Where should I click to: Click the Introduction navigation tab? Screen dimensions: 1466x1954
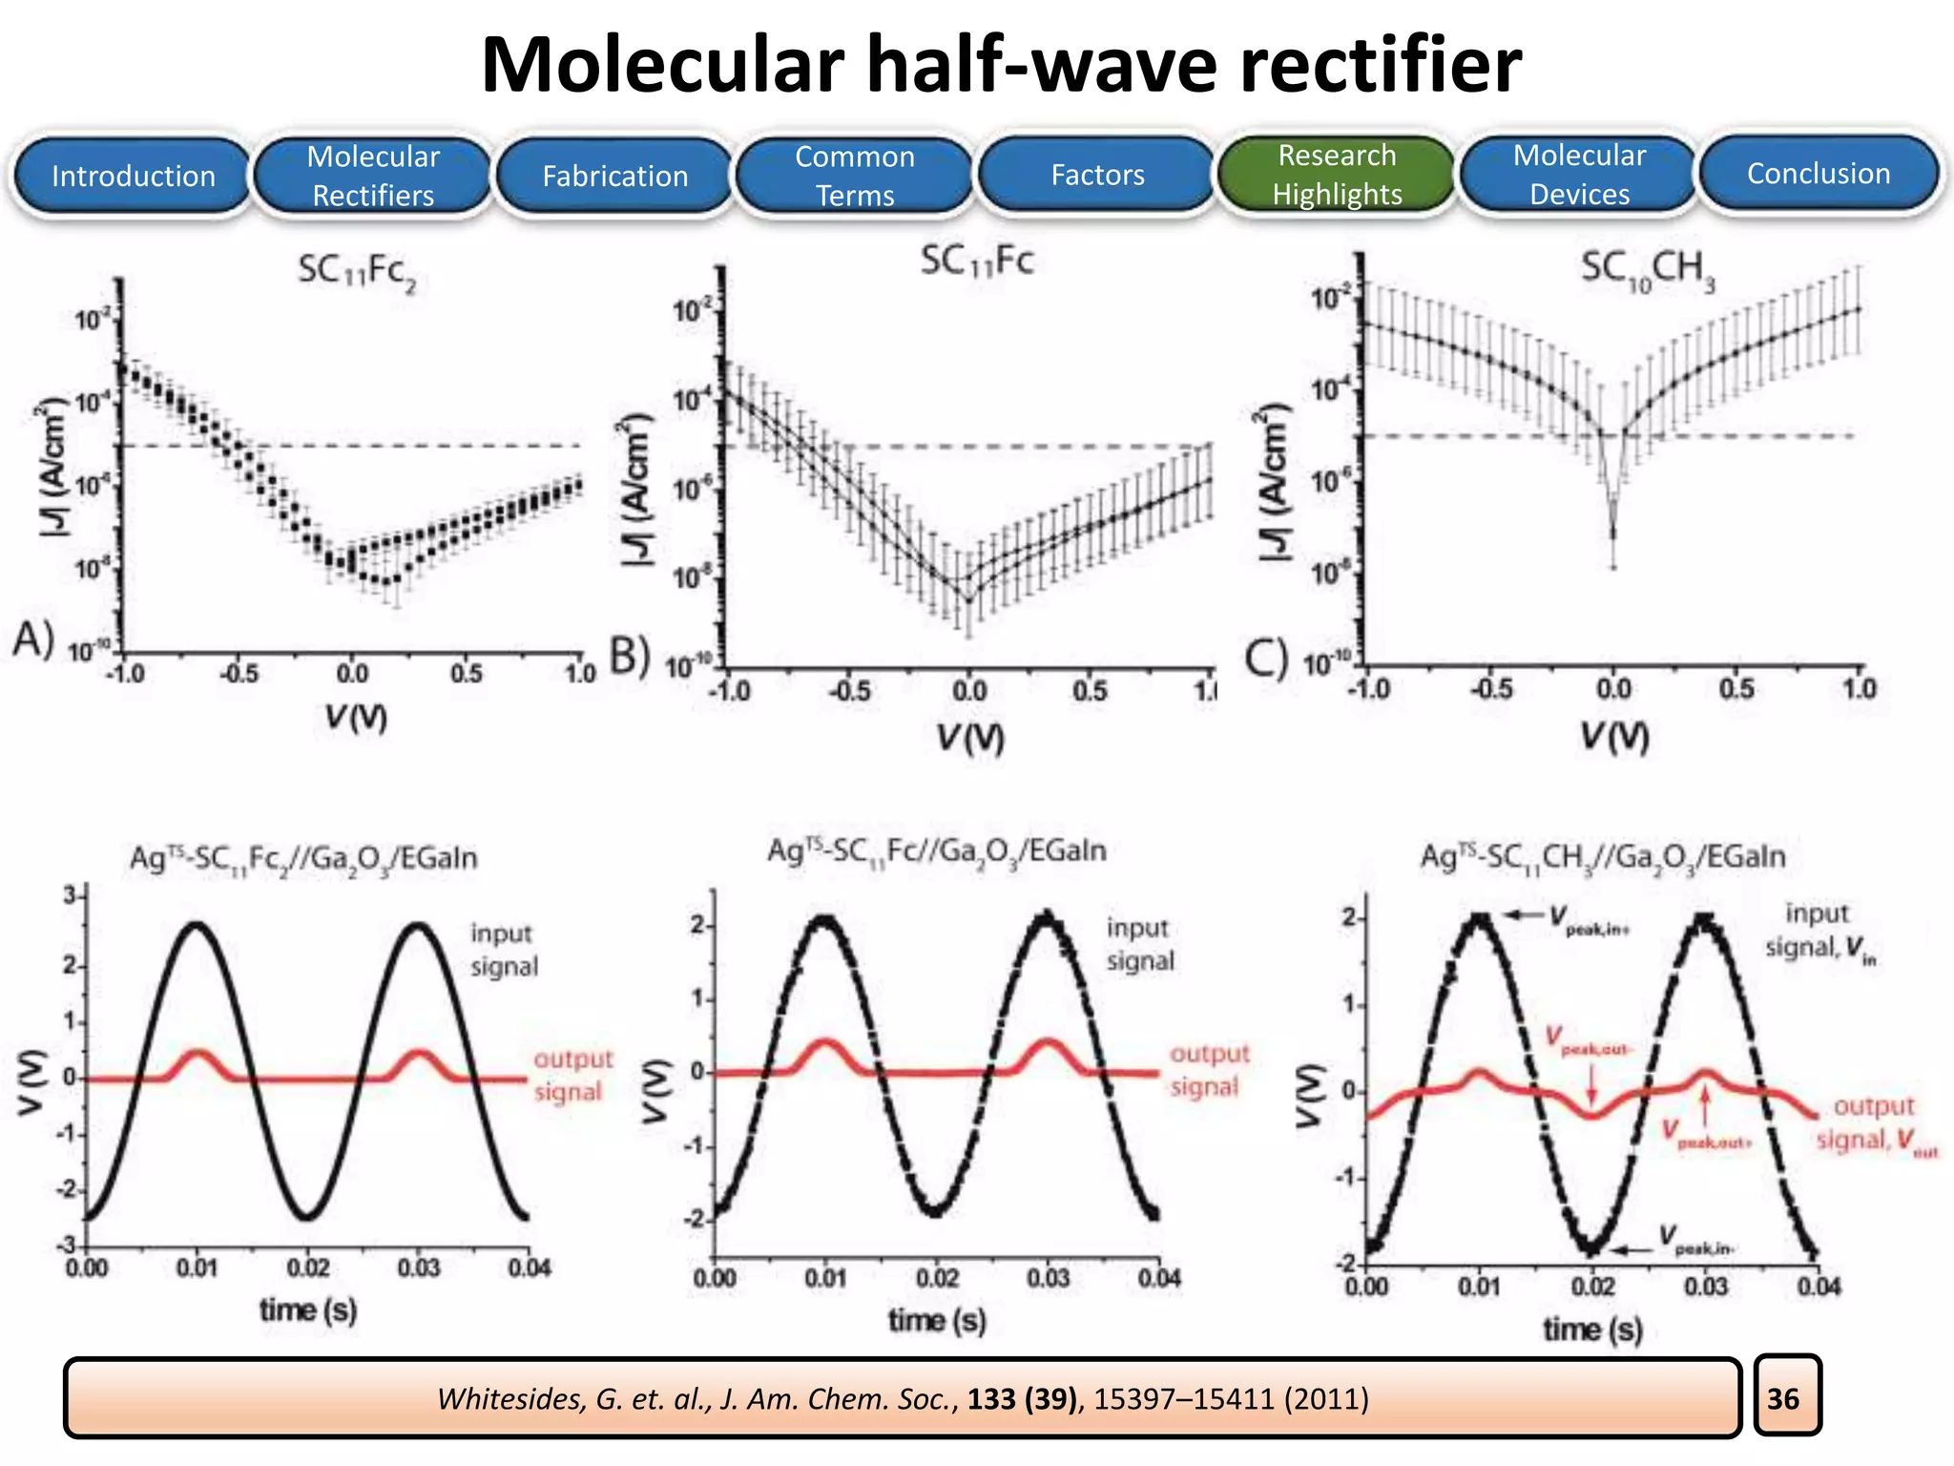pyautogui.click(x=133, y=176)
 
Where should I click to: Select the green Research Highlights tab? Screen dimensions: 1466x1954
pyautogui.click(x=1337, y=175)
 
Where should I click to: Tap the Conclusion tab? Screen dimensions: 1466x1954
pyautogui.click(x=1819, y=174)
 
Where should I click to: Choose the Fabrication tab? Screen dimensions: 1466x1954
pyautogui.click(x=614, y=176)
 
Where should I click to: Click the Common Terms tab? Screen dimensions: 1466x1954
pyautogui.click(x=855, y=176)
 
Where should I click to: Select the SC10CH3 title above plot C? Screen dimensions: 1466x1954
pyautogui.click(x=1647, y=269)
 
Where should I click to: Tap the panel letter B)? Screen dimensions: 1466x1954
pyautogui.click(x=630, y=657)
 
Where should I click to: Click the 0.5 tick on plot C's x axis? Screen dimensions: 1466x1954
pyautogui.click(x=1736, y=689)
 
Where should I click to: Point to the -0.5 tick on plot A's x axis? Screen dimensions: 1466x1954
pyautogui.click(x=239, y=674)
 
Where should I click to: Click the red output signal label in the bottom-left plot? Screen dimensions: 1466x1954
pyautogui.click(x=572, y=1075)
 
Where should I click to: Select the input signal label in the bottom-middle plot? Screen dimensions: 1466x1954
pyautogui.click(x=1139, y=944)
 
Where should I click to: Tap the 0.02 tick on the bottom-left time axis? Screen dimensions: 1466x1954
pyautogui.click(x=307, y=1268)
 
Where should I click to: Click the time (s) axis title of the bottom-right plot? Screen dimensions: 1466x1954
pyautogui.click(x=1592, y=1329)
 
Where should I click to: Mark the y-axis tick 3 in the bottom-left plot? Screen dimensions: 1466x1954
pyautogui.click(x=70, y=895)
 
